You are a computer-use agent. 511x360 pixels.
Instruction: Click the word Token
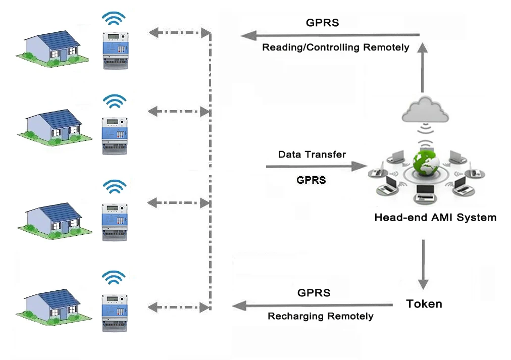point(424,304)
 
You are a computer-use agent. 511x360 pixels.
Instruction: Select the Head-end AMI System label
point(435,218)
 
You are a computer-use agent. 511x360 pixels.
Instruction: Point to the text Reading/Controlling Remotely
point(335,47)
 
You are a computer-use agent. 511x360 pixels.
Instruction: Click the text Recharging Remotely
point(320,317)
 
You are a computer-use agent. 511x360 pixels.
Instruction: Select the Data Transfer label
point(312,155)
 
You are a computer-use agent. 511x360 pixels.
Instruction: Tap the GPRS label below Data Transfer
point(311,180)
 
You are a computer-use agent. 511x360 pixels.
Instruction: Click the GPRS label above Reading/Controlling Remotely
point(322,23)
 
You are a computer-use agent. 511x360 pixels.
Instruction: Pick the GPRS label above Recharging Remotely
point(314,293)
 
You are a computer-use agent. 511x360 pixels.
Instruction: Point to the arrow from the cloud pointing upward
point(423,66)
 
